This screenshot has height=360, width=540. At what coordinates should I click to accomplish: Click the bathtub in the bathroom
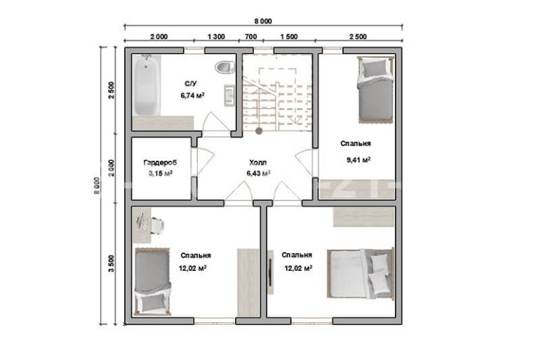click(x=147, y=85)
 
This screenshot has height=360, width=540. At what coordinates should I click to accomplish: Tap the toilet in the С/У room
click(x=224, y=67)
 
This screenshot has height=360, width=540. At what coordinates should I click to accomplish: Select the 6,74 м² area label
click(x=193, y=95)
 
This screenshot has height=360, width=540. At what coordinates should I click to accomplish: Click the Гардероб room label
click(x=160, y=162)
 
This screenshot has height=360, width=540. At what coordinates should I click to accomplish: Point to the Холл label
click(x=258, y=163)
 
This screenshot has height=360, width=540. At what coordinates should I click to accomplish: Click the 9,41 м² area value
click(x=358, y=160)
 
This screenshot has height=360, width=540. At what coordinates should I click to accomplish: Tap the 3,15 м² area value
click(x=161, y=173)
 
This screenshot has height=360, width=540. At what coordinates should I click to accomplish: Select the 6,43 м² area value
click(x=258, y=173)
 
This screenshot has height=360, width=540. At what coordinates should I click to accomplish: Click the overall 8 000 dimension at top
click(x=264, y=21)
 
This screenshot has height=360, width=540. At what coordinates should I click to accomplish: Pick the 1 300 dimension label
click(x=216, y=37)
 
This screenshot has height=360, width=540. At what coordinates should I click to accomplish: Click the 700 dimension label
click(x=251, y=37)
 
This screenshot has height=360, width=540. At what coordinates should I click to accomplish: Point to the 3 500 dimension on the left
click(x=111, y=264)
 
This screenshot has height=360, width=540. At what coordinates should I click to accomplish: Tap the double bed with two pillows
click(x=360, y=274)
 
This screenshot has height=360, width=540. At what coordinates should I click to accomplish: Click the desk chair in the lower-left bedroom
click(x=156, y=225)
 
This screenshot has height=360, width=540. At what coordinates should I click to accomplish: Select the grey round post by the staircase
click(x=259, y=131)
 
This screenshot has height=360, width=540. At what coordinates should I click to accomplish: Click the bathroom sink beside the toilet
click(x=229, y=95)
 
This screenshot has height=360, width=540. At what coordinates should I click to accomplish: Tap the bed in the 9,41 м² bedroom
click(x=375, y=90)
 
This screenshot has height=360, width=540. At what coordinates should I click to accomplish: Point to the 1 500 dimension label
click(x=289, y=37)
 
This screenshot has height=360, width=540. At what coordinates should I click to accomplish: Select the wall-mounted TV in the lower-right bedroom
click(x=271, y=272)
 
